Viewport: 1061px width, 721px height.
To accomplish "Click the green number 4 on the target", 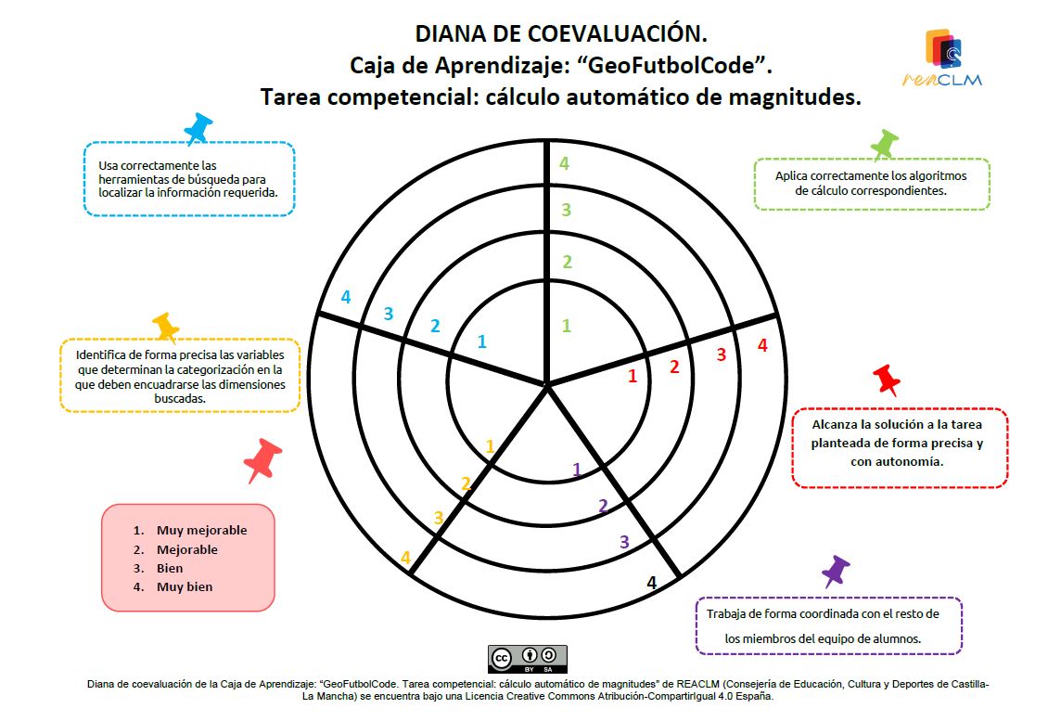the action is tap(564, 163).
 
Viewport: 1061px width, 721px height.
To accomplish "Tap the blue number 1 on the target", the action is tap(481, 341).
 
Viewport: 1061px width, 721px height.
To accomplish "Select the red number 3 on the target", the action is tap(722, 354).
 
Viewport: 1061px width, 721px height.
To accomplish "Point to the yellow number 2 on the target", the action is tap(466, 483).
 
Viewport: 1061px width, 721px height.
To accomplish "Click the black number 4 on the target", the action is tap(652, 583).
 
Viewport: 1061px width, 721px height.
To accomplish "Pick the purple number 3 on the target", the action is tap(624, 542).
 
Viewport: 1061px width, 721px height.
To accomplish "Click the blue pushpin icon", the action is tap(198, 129).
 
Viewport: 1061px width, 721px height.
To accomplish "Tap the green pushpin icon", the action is tap(884, 145).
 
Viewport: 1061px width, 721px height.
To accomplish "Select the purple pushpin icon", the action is tap(836, 572).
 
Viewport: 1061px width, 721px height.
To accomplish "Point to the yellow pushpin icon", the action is tap(166, 328).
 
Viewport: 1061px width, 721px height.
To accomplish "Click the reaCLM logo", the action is tap(942, 58).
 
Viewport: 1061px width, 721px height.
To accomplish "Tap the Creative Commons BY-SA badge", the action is tap(528, 659).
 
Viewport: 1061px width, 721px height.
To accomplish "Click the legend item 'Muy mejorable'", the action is tap(201, 530).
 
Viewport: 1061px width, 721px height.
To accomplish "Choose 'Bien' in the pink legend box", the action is tap(170, 568).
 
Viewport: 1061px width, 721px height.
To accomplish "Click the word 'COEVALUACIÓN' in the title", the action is tap(617, 33).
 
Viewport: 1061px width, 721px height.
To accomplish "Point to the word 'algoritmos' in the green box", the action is tap(937, 176).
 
